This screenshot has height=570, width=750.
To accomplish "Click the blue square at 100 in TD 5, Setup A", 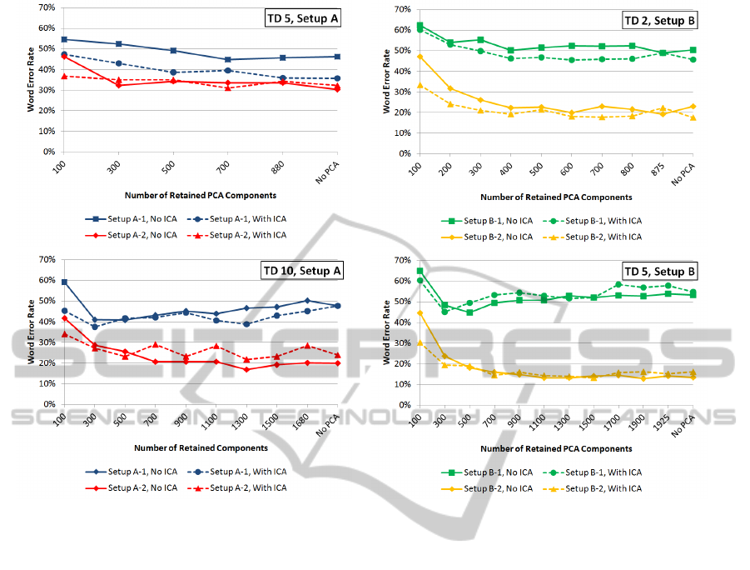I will pyautogui.click(x=64, y=39).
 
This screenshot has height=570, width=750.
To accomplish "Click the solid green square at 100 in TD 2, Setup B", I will pyautogui.click(x=420, y=26).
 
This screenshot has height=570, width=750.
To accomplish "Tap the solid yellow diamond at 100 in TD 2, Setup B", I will pyautogui.click(x=420, y=57).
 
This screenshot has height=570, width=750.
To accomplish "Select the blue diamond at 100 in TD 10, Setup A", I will pyautogui.click(x=64, y=282).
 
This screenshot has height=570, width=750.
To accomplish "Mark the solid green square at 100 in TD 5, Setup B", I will pyautogui.click(x=420, y=271).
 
